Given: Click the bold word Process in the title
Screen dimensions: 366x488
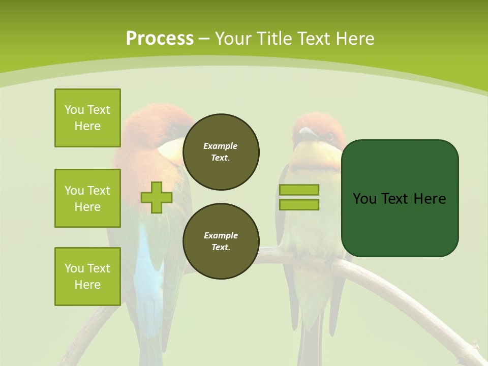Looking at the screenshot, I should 160,39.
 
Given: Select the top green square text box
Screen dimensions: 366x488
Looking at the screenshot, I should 87,118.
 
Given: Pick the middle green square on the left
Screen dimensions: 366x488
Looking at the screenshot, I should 87,198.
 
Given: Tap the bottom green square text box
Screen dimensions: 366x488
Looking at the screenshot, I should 87,277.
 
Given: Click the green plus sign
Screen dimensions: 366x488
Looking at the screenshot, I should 157,197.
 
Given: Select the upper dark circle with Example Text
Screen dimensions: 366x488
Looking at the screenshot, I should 221,152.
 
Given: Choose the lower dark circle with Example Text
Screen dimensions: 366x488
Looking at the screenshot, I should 221,241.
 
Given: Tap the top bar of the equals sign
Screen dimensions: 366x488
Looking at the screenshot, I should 299,190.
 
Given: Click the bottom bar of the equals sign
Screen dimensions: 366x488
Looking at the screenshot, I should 299,205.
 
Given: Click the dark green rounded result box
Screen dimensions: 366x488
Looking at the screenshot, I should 400,198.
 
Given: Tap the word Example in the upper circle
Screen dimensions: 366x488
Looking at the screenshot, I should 221,146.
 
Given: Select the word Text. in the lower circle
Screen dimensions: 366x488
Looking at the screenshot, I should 221,248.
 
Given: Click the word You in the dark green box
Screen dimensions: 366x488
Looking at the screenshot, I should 365,199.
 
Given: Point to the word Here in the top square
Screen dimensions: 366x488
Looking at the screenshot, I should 87,126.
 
